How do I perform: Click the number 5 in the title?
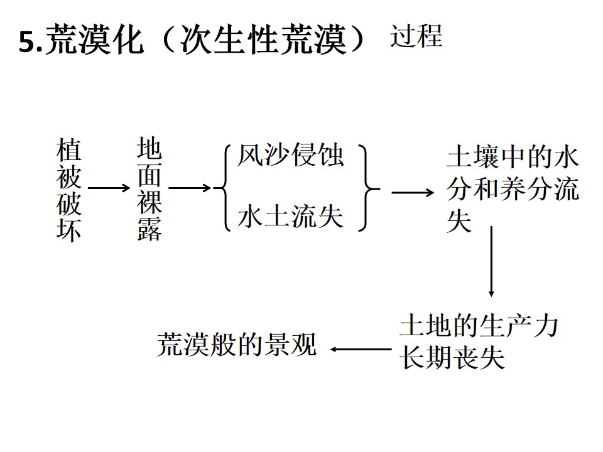point(27,43)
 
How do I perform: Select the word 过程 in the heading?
point(416,37)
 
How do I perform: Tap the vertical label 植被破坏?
point(69,191)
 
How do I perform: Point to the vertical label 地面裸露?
point(149,190)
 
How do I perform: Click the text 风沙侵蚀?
point(290,155)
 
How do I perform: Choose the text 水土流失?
point(290,217)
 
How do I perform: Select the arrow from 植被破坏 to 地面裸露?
point(107,187)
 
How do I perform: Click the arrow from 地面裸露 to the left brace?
point(190,187)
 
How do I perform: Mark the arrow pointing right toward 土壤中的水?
point(412,192)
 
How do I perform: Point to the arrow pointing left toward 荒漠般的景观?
point(360,349)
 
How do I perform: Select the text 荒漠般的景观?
point(237,345)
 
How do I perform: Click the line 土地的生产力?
point(479,327)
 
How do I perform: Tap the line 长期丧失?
point(452,358)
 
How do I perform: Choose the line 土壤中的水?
point(512,158)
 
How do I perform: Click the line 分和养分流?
point(512,190)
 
